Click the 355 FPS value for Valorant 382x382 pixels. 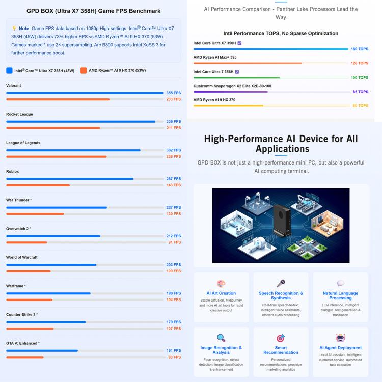[174, 93]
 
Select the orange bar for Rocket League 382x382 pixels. [53, 128]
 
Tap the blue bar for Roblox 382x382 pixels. [70, 179]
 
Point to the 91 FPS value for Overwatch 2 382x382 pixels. [174, 242]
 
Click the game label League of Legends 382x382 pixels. [23, 143]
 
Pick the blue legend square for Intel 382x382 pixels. [9, 70]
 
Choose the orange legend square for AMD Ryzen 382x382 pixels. [84, 70]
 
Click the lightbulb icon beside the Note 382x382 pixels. [14, 28]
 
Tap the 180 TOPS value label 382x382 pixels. [360, 49]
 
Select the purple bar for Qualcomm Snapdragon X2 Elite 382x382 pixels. [230, 92]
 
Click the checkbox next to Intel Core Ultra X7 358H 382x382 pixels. [239, 43]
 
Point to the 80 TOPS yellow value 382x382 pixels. [360, 106]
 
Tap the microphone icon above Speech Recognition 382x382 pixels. [281, 283]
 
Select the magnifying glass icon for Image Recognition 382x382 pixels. [221, 338]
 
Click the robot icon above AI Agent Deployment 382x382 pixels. [340, 338]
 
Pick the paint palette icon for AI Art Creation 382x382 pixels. [221, 284]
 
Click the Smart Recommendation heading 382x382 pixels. [281, 350]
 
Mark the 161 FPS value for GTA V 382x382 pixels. [174, 350]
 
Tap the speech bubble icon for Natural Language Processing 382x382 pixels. [340, 283]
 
